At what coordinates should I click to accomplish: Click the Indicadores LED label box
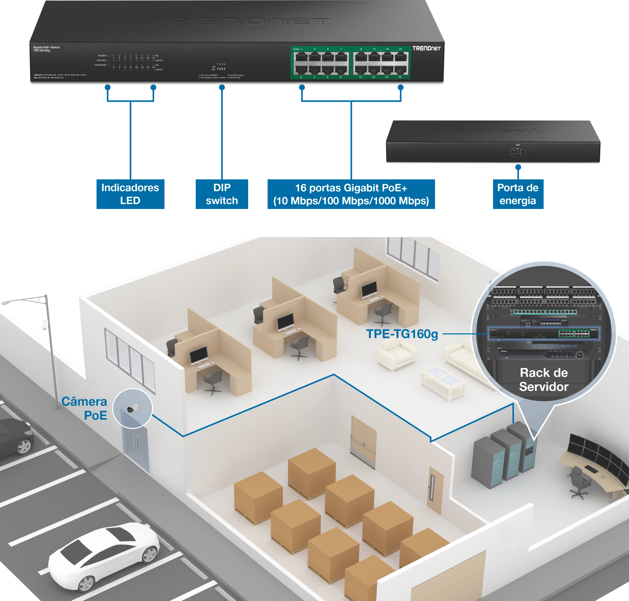tap(130, 194)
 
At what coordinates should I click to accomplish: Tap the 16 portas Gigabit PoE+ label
tap(351, 194)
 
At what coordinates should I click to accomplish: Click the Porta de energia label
tap(518, 194)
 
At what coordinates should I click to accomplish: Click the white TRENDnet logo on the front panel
tap(426, 48)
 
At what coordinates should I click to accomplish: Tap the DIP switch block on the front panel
tap(221, 68)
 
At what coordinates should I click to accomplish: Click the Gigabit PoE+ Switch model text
tap(46, 49)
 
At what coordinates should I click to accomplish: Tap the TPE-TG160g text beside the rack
tap(402, 334)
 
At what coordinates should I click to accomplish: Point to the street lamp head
tap(6, 302)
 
